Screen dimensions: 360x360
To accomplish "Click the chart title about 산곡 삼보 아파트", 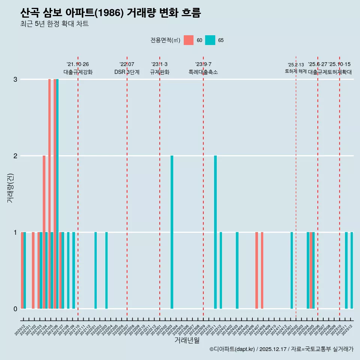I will point(111,13).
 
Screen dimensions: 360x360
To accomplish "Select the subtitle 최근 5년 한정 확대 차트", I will point(55,24).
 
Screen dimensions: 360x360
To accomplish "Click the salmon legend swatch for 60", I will point(189,40).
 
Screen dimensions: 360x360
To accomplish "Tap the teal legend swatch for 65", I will point(210,40).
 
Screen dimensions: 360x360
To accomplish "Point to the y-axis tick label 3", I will point(15,79).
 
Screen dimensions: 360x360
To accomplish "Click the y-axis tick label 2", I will point(15,156).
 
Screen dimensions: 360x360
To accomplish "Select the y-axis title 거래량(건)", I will point(10,187).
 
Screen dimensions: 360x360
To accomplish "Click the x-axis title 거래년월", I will point(187,340).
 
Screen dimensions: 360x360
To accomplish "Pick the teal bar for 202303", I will point(172,232).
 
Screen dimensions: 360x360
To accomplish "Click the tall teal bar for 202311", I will point(215,232).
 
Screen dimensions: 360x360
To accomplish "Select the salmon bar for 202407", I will point(256,270).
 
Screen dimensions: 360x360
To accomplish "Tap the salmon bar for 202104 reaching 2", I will point(44,232).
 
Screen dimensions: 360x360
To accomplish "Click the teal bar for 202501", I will point(292,270).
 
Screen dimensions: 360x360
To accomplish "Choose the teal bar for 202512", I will point(352,270).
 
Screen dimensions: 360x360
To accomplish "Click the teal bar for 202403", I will point(237,270).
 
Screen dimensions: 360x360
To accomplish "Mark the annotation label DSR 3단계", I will point(127,72).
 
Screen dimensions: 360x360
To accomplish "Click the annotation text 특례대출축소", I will point(203,72).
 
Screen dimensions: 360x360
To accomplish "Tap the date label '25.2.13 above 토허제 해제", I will point(295,65).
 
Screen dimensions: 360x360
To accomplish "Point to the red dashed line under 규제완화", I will point(160,187).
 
